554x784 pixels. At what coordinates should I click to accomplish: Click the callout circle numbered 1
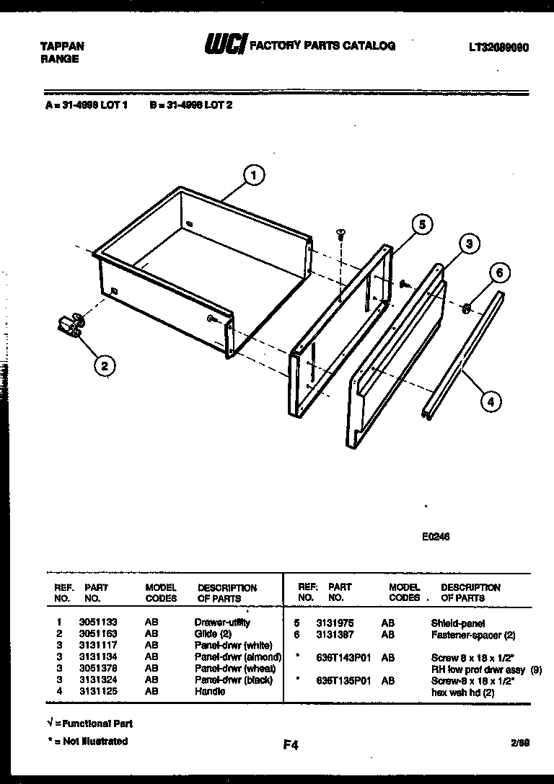(x=253, y=174)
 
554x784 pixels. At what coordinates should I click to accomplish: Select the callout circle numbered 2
(x=105, y=366)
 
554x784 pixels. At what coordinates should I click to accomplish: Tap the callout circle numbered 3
(x=469, y=244)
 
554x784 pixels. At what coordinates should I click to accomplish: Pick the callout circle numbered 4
(x=491, y=401)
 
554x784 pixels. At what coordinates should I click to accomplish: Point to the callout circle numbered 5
(x=423, y=226)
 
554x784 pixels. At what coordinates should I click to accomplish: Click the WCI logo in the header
(x=225, y=45)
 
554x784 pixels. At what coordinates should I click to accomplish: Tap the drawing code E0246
(x=436, y=536)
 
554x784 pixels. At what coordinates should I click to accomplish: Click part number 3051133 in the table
(x=99, y=622)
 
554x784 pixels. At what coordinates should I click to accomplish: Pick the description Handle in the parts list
(x=210, y=691)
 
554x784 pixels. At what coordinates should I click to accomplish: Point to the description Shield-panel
(x=457, y=623)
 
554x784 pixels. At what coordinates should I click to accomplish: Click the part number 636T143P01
(x=343, y=657)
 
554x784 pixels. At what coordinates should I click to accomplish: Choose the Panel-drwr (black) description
(x=234, y=680)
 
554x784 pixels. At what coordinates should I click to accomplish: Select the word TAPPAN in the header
(x=62, y=46)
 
